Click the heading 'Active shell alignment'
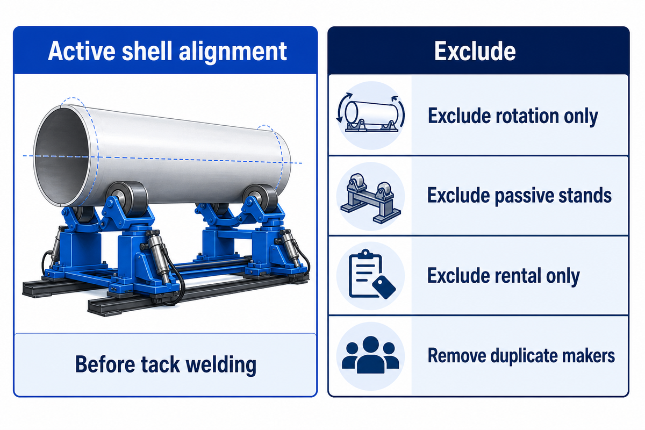pos(167,52)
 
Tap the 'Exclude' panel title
pos(475,51)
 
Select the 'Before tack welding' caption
pos(166,364)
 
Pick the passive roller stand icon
pos(370,198)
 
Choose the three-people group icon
pos(370,355)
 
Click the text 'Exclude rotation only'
pos(513,116)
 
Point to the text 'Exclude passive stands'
pos(519,196)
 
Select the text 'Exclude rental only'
pos(503,276)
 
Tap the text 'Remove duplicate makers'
pos(521,355)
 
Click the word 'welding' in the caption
pos(221,365)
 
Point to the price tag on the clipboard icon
pos(384,287)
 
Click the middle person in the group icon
pos(370,355)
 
